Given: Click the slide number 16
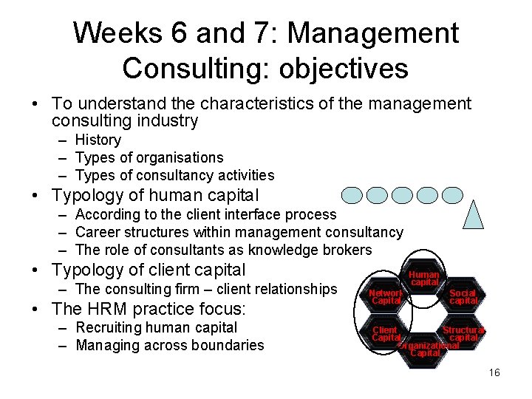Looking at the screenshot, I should pyautogui.click(x=494, y=372).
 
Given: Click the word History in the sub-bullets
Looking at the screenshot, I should pyautogui.click(x=98, y=140).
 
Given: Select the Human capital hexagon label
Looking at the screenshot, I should pyautogui.click(x=425, y=278).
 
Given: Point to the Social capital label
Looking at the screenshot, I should pyautogui.click(x=463, y=296).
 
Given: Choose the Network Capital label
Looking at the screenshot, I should pyautogui.click(x=386, y=296).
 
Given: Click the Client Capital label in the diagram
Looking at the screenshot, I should pyautogui.click(x=385, y=333).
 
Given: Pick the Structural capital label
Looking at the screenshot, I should pyautogui.click(x=463, y=334).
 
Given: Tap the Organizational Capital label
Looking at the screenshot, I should pyautogui.click(x=427, y=349).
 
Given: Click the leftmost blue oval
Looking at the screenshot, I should pyautogui.click(x=352, y=195).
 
